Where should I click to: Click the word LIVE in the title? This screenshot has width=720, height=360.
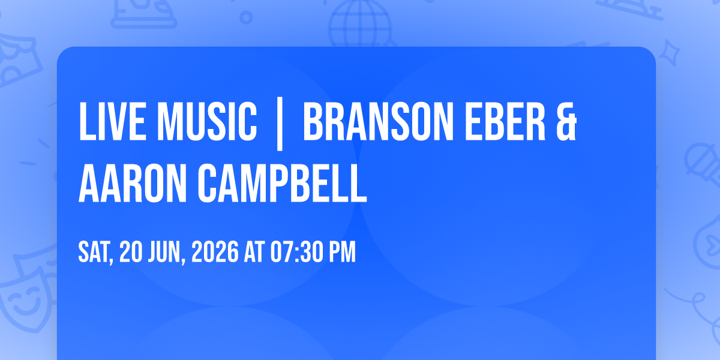point(112,121)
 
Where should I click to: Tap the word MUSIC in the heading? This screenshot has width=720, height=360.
point(207,121)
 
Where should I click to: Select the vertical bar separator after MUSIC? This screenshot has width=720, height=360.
point(280,124)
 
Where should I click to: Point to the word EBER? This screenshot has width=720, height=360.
point(505,121)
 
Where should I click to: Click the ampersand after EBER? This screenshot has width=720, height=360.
point(566,121)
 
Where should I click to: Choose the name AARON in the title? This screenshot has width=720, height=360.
point(133,183)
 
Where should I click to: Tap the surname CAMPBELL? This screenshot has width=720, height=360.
point(282,183)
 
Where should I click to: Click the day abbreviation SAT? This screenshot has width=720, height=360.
point(95,253)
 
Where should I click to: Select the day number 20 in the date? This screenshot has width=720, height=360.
point(131,252)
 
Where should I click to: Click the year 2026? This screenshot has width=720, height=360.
point(215,252)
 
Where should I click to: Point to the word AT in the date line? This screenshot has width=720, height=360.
point(254,252)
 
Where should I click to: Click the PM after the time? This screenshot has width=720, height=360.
point(343,252)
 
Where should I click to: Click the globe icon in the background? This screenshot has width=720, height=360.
point(360,23)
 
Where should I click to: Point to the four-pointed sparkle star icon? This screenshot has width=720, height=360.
point(669,53)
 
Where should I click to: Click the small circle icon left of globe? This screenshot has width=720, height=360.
point(246,17)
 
